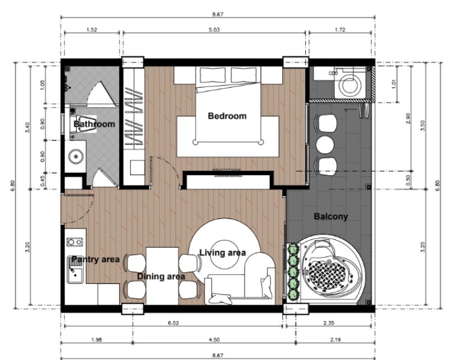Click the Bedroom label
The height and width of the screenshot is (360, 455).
point(227,116)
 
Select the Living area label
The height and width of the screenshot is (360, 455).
point(222,253)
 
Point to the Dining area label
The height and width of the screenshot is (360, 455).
point(161,277)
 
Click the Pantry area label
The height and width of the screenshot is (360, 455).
point(95,259)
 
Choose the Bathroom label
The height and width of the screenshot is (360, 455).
point(94,124)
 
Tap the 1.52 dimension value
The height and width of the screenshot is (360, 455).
point(92,28)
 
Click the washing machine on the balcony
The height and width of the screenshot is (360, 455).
point(349,84)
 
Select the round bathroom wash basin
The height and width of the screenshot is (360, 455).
point(76,157)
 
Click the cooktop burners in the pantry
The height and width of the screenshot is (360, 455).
point(74,243)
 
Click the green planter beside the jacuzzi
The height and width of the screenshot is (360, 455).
point(294,272)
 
